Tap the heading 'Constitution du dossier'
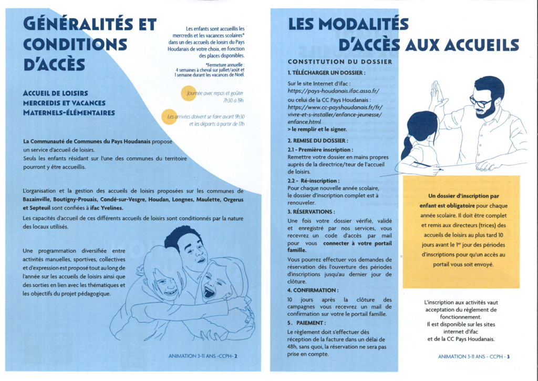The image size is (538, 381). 339,62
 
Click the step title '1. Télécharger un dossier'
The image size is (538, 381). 326,72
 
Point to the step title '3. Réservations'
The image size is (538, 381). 314,212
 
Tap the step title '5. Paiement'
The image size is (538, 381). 307,323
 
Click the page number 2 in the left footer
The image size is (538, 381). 236,356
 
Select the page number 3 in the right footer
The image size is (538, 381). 508,356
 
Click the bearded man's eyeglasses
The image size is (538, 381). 481,102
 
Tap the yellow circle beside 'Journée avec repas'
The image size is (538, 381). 187,93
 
